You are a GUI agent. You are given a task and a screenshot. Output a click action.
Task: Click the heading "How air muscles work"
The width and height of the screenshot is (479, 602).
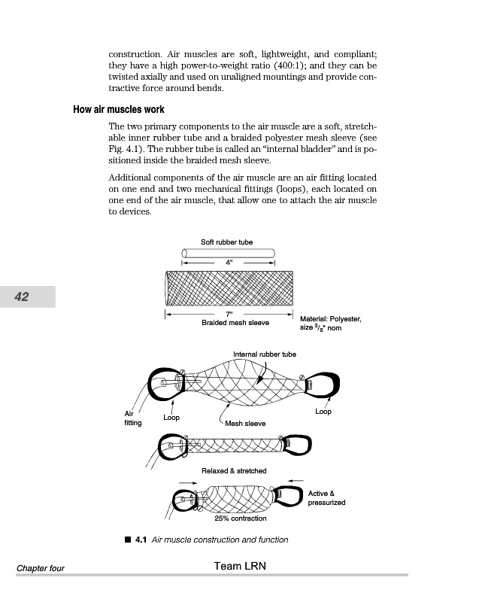pos(119,110)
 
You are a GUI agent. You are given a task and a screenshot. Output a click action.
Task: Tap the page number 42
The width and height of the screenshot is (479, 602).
pos(22,297)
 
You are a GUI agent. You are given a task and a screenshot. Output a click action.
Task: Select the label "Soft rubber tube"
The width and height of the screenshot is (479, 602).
pos(226,242)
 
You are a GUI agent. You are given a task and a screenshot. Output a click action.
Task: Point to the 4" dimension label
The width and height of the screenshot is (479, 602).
pos(229,262)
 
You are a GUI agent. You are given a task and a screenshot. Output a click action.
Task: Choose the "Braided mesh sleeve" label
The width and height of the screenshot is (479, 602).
pos(235,322)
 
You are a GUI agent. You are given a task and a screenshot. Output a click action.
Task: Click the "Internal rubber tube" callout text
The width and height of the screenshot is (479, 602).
pos(264,354)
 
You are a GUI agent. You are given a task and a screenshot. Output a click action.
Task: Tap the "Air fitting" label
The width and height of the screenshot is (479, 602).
pos(132,418)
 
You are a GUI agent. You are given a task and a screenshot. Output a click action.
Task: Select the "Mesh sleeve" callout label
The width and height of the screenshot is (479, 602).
pos(245,424)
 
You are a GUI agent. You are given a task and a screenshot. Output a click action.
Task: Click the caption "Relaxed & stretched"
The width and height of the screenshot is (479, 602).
pos(234,471)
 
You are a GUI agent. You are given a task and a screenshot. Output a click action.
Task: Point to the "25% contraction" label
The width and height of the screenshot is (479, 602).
pos(240,518)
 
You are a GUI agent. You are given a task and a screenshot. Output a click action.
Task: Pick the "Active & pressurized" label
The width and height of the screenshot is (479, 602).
pos(326,497)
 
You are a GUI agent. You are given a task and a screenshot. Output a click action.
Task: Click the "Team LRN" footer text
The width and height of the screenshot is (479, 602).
pos(240,565)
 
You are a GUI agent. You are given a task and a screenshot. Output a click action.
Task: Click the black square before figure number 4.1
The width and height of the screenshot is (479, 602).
pos(129,540)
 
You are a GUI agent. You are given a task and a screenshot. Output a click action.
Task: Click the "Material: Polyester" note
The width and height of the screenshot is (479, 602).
pos(330,319)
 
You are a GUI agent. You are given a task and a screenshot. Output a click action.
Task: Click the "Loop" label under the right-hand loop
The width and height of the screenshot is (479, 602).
pos(323,412)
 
